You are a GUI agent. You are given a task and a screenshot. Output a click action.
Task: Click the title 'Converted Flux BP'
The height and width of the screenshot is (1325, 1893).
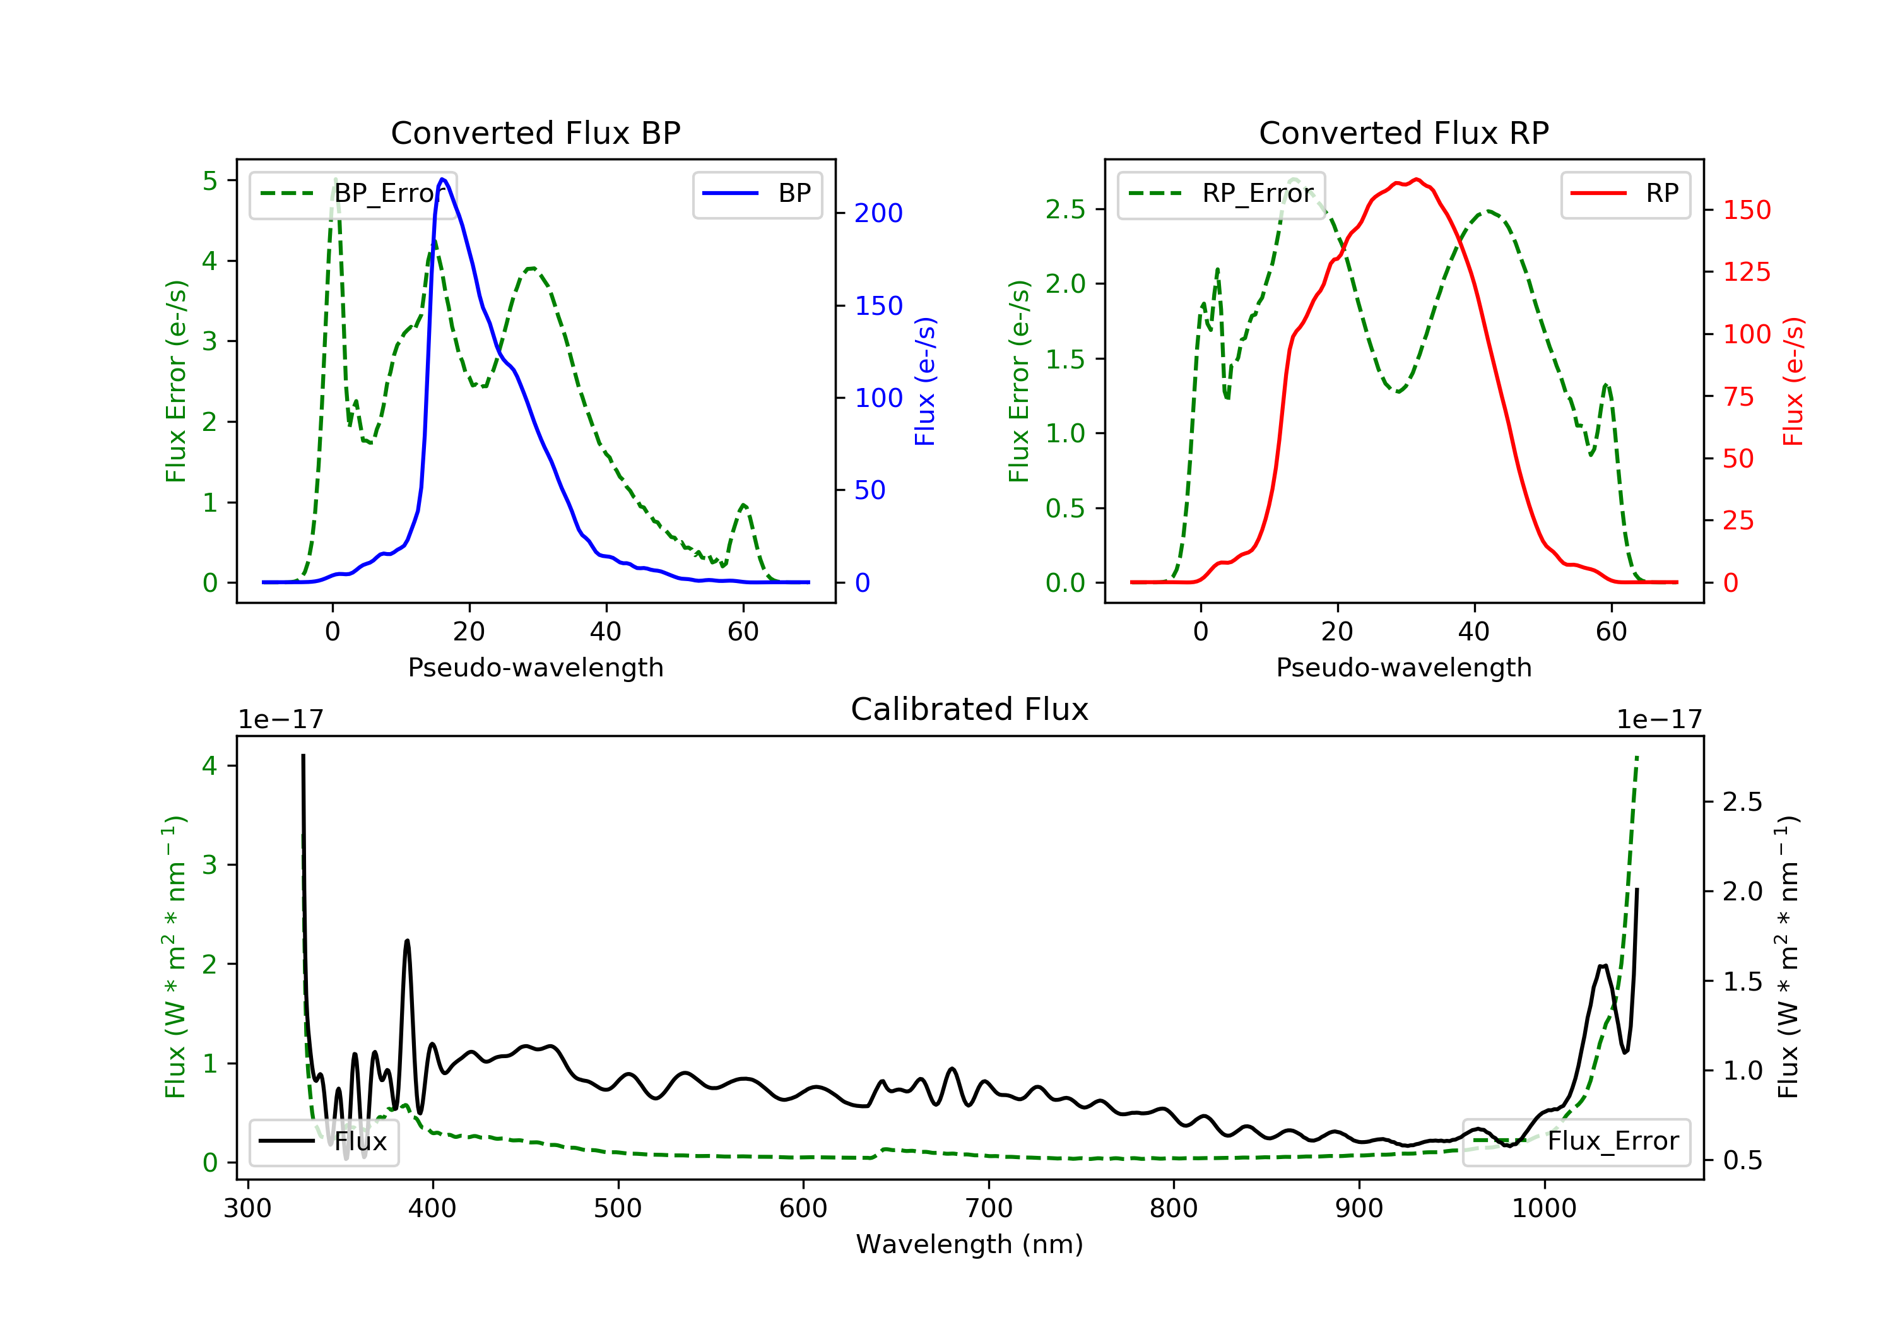click(535, 132)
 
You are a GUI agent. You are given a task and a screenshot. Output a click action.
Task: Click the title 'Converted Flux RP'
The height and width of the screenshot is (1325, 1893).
click(1403, 132)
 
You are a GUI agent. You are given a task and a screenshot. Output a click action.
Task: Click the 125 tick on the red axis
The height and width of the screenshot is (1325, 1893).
click(1746, 272)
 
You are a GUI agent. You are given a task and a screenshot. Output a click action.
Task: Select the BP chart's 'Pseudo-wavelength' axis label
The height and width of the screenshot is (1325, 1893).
click(535, 668)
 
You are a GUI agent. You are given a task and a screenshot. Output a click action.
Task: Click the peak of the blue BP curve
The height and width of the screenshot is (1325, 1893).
click(443, 179)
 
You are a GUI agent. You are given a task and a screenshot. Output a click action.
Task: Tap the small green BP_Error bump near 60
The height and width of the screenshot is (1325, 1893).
click(744, 505)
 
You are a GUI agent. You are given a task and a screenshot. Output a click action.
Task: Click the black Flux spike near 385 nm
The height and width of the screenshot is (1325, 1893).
click(406, 941)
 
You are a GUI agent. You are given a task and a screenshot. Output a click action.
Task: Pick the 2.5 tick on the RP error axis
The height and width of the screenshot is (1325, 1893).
click(1065, 209)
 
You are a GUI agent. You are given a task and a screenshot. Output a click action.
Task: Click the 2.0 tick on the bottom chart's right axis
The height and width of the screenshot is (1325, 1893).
click(1742, 892)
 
